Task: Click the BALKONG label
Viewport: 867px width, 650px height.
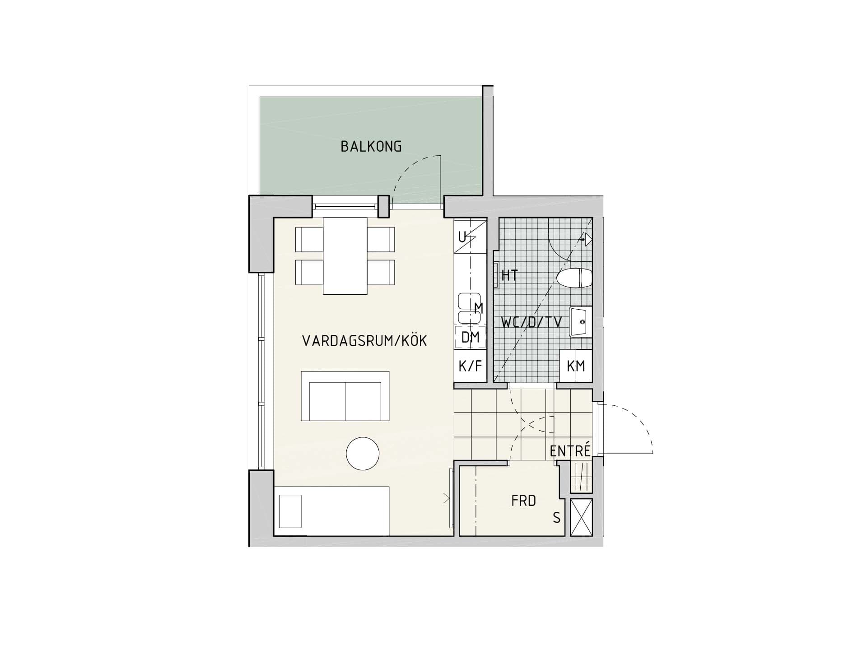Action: pos(371,146)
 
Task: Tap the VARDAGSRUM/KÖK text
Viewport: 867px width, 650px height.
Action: pos(364,341)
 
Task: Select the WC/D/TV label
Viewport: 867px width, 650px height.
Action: pos(531,322)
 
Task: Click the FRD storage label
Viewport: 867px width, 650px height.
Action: pos(524,501)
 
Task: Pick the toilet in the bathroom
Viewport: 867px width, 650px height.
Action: pos(574,278)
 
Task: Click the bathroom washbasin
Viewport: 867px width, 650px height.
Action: pos(580,321)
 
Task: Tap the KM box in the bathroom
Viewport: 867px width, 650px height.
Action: pos(576,366)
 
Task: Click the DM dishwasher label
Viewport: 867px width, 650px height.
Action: pos(470,337)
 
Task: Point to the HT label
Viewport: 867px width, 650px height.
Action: pos(509,275)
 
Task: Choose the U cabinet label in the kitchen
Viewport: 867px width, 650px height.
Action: pos(462,237)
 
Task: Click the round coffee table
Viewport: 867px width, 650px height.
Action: pos(363,454)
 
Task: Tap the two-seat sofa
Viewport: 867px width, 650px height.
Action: pos(345,396)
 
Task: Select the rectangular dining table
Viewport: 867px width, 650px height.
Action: pos(345,256)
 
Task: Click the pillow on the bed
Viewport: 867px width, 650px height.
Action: pos(290,511)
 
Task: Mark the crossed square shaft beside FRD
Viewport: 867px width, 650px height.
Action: pos(581,517)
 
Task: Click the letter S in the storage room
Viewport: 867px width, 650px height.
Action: pos(557,518)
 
